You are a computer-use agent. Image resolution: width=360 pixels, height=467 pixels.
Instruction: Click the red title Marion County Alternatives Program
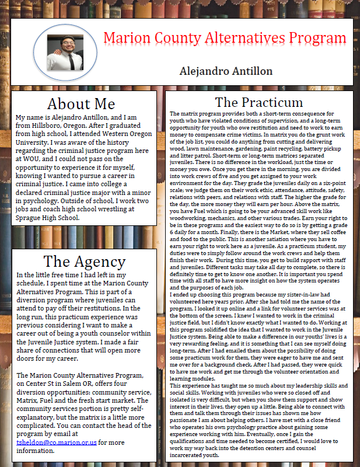tap(225, 39)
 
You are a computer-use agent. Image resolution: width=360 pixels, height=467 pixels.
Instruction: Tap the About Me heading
tap(81, 104)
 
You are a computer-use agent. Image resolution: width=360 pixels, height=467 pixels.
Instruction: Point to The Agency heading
tap(81, 261)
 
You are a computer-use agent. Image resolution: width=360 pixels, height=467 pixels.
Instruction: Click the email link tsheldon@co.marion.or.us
tap(57, 443)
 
